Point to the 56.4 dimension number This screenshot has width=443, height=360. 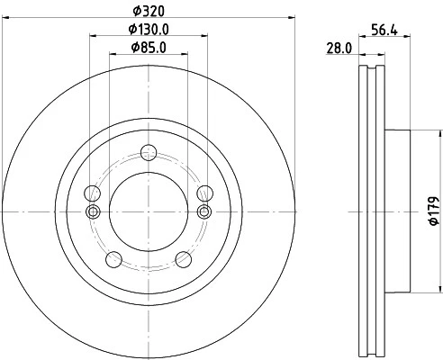coord(385,29)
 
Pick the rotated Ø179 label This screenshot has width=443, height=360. coord(432,209)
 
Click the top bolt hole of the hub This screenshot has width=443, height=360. coord(147,152)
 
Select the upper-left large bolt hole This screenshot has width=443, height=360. coord(91,193)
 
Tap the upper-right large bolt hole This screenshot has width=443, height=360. coord(203,193)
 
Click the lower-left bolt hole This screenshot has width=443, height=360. coord(113,259)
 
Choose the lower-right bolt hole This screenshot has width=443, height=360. coord(182,259)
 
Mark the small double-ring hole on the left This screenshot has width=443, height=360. coord(91,211)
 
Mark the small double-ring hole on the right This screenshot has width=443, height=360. coord(203,211)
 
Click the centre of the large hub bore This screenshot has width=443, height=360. coord(147,211)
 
